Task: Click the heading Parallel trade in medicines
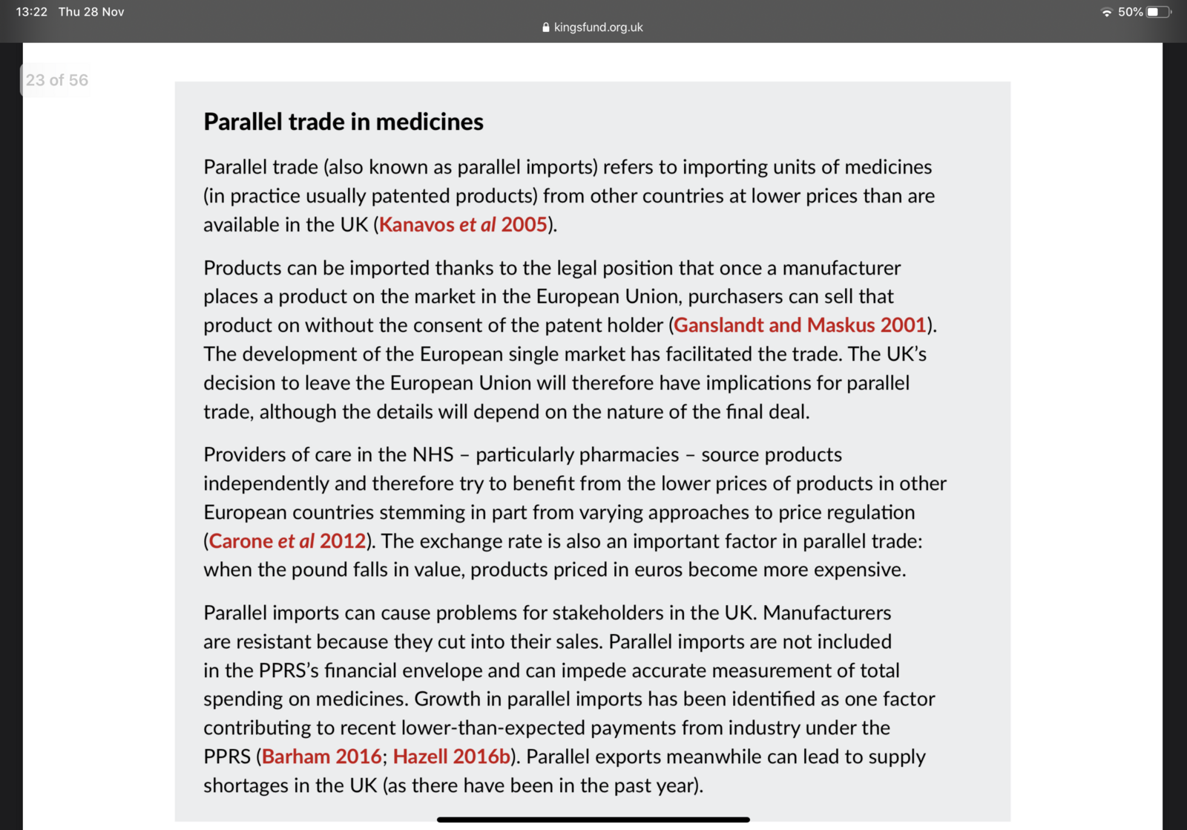(x=343, y=122)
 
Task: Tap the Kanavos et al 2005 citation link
(x=463, y=225)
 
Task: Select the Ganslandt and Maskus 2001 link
(x=800, y=325)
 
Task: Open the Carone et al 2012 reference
(x=287, y=541)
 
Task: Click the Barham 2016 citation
(x=322, y=757)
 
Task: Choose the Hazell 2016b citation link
(x=452, y=757)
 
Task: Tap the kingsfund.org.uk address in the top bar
(x=598, y=27)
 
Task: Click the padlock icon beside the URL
(x=546, y=27)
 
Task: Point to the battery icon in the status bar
(x=1157, y=12)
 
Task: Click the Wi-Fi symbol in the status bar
(x=1106, y=12)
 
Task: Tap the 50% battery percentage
(x=1130, y=12)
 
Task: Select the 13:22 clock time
(x=31, y=12)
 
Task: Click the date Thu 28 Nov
(x=91, y=12)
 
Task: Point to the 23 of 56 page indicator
(x=56, y=80)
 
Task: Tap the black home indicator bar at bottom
(x=593, y=820)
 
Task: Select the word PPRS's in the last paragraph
(x=289, y=670)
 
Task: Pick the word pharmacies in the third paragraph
(x=577, y=454)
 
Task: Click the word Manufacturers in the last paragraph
(x=826, y=613)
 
